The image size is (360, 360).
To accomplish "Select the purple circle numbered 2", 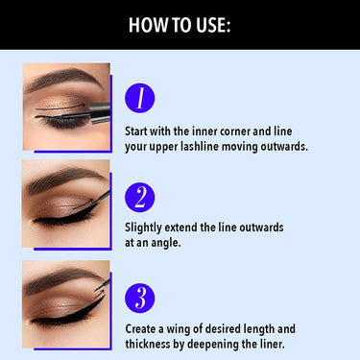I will pos(139,198).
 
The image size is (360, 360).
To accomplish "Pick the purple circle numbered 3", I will pos(139,298).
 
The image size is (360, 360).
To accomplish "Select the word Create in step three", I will pos(143,328).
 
